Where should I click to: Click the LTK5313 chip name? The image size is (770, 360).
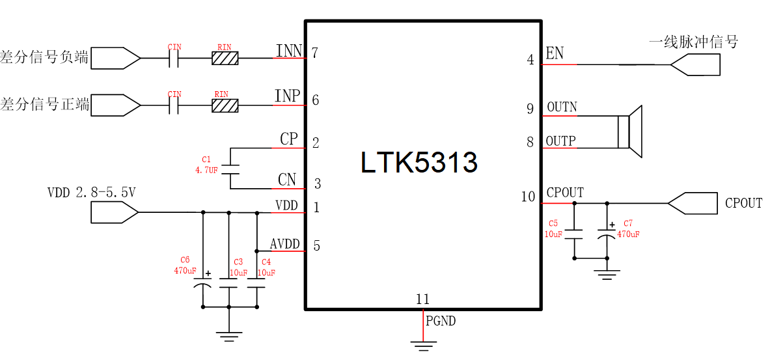pyautogui.click(x=419, y=163)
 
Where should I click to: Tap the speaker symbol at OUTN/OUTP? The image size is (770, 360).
pyautogui.click(x=629, y=131)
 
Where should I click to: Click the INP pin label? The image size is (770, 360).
pyautogui.click(x=287, y=96)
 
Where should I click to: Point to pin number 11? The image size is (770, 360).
pyautogui.click(x=423, y=299)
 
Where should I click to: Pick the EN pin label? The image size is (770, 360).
pyautogui.click(x=555, y=53)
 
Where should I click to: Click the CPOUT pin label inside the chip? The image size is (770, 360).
pyautogui.click(x=565, y=193)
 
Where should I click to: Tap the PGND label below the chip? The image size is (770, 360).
pyautogui.click(x=441, y=321)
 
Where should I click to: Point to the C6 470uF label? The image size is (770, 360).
pyautogui.click(x=185, y=266)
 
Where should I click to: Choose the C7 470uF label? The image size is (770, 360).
pyautogui.click(x=628, y=228)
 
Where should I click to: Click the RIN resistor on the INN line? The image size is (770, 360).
pyautogui.click(x=225, y=59)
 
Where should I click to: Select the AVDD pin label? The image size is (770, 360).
pyautogui.click(x=285, y=244)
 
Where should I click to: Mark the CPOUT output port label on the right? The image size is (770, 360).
pyautogui.click(x=743, y=203)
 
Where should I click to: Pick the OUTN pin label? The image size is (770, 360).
pyautogui.click(x=562, y=107)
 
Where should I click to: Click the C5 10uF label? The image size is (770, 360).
pyautogui.click(x=553, y=228)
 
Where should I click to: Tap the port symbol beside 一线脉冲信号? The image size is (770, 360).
pyautogui.click(x=695, y=64)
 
